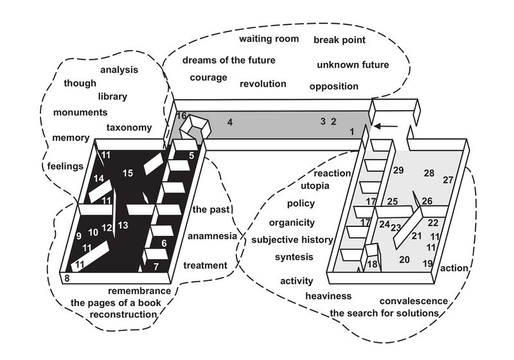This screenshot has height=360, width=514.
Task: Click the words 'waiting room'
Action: coord(269,39)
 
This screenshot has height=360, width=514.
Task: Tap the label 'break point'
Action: coord(339,40)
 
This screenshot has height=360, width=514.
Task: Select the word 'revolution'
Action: coord(263,84)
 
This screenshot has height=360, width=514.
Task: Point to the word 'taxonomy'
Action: coord(129,127)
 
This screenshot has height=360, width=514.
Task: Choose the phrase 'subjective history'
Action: coord(292,240)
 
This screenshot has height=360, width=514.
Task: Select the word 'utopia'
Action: coord(315,186)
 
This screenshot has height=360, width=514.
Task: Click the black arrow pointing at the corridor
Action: coord(385,127)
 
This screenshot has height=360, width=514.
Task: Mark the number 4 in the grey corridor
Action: coord(229,122)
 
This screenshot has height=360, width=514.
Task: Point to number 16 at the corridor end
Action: coord(182,116)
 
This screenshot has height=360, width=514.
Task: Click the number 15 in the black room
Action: coord(128,172)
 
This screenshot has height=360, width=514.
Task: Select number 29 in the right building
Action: coord(398,170)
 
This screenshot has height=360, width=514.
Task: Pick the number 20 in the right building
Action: coord(404,260)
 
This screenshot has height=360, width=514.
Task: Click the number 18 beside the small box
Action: coord(372,264)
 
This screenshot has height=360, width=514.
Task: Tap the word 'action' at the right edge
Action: coord(455,268)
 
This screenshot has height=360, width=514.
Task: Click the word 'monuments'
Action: coord(80,112)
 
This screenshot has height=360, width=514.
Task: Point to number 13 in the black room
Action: coord(123,224)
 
